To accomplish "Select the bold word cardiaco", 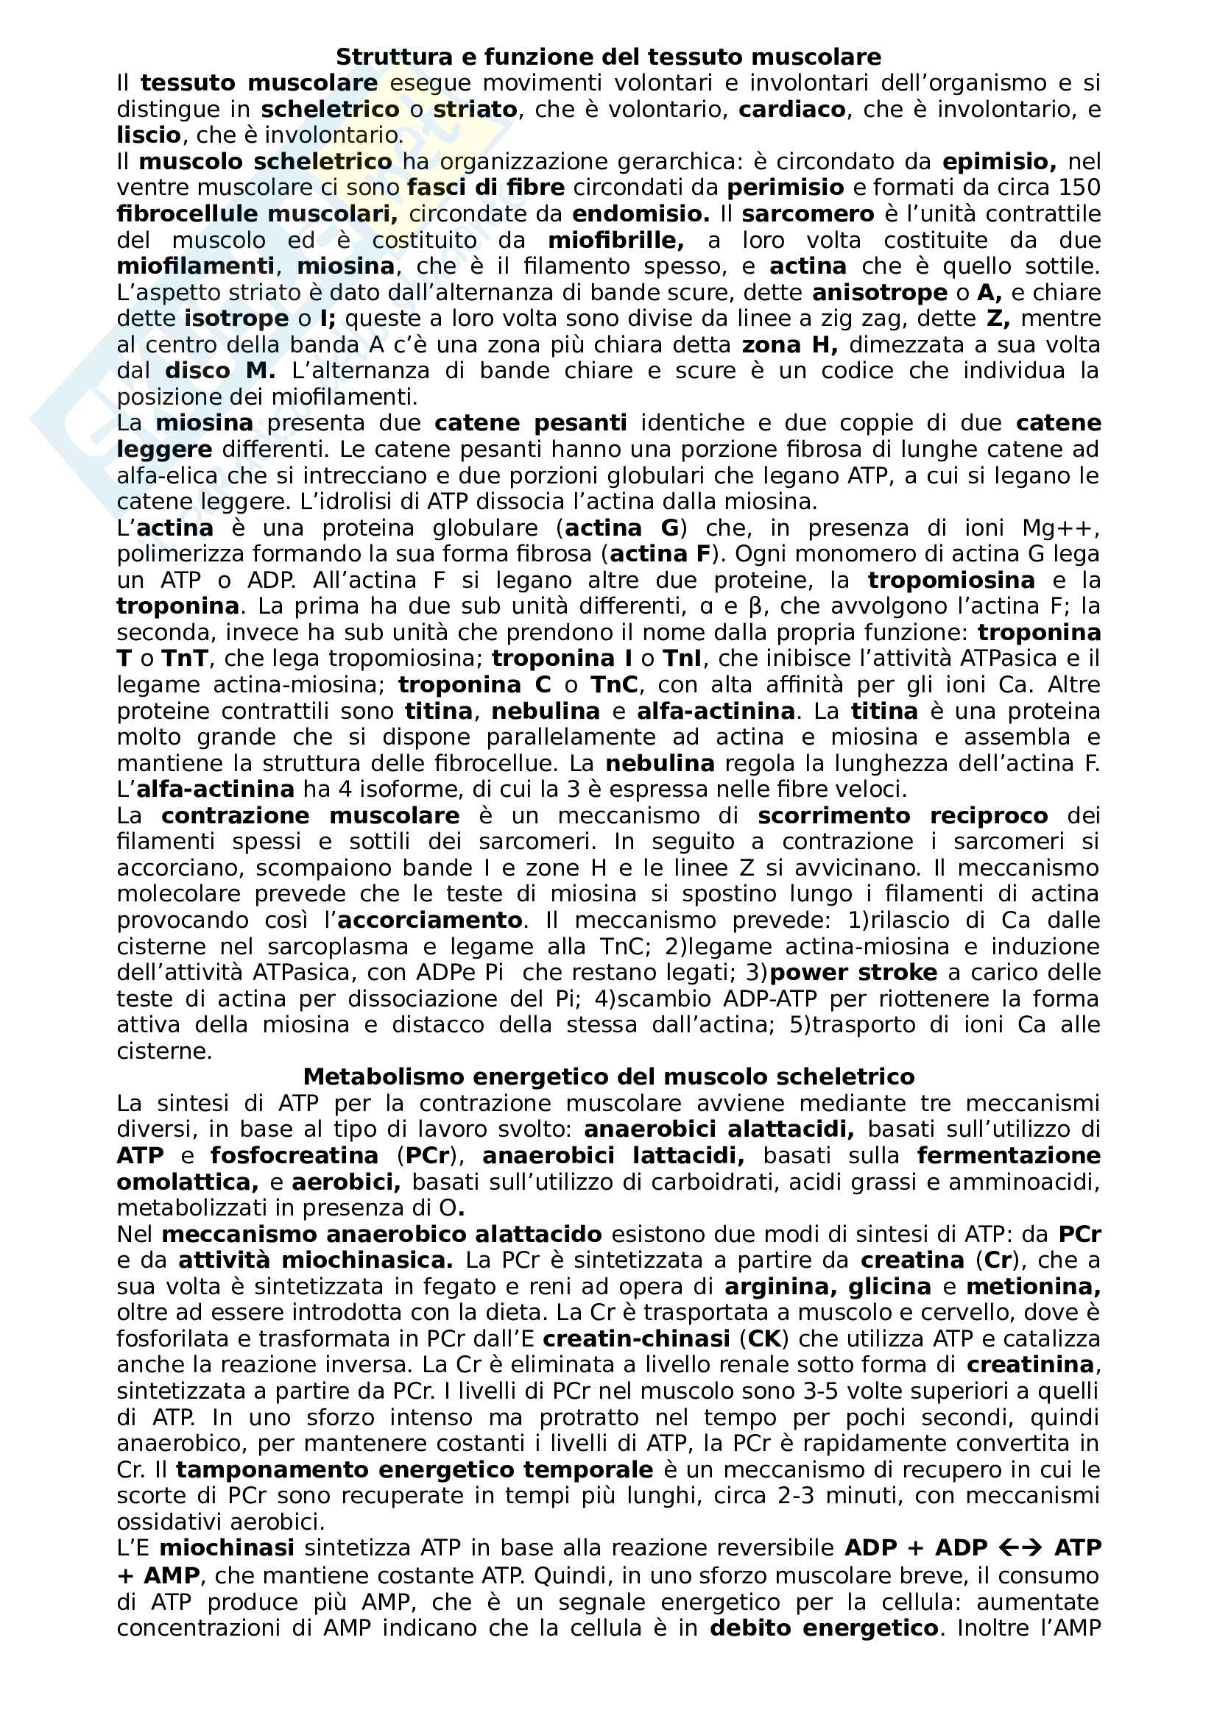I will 792,110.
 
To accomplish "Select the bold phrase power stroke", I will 853,973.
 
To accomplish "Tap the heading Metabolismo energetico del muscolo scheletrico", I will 608,1077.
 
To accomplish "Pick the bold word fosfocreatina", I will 294,1156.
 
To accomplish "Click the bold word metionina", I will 1032,1287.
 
